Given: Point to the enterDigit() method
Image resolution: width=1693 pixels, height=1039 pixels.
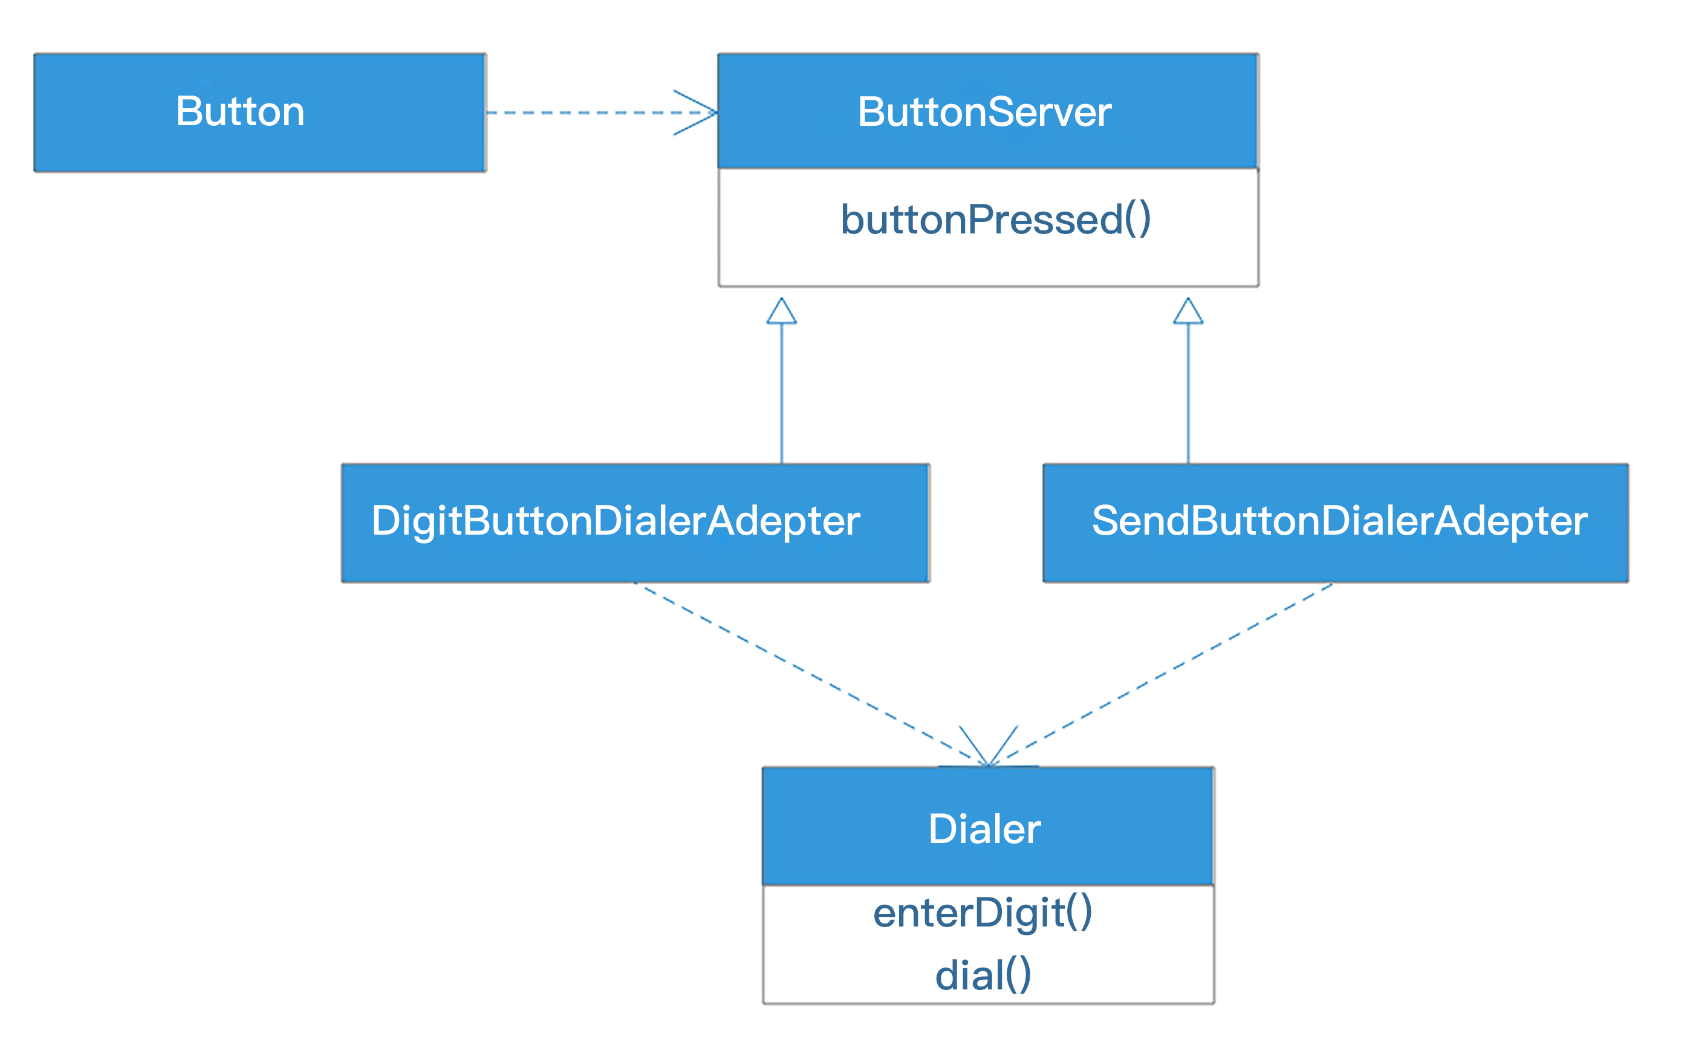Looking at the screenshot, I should (983, 913).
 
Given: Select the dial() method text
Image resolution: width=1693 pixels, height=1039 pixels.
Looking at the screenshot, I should (983, 975).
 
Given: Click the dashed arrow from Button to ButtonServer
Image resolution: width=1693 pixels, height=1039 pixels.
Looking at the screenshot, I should (584, 112).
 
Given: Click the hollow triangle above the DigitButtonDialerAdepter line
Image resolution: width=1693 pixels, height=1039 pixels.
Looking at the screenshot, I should (781, 312).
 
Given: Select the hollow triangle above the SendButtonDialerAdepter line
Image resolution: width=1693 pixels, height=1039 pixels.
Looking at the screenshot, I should (1188, 312).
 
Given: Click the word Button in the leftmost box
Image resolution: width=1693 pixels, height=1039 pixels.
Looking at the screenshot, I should (240, 111).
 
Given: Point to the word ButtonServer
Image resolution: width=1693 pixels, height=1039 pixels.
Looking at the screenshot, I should (984, 112).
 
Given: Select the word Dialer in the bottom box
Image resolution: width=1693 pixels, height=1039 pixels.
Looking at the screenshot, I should (984, 829).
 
